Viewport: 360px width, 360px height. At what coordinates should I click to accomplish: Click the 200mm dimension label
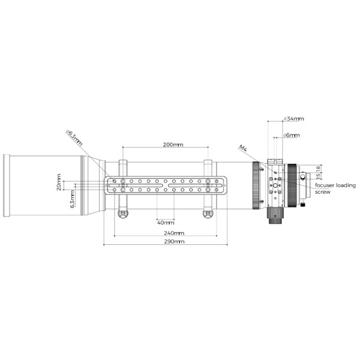pyautogui.click(x=173, y=145)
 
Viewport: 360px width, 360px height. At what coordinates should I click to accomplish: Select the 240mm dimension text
pyautogui.click(x=174, y=233)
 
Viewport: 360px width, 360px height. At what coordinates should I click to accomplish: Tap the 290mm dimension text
pyautogui.click(x=174, y=242)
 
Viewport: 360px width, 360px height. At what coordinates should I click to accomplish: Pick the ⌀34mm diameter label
pyautogui.click(x=294, y=119)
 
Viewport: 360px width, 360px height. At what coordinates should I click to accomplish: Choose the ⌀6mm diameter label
pyautogui.click(x=292, y=136)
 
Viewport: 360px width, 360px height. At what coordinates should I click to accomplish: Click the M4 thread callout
pyautogui.click(x=243, y=148)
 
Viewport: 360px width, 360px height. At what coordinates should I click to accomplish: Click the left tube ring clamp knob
pyautogui.click(x=123, y=214)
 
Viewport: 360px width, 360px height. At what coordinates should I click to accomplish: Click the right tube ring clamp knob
pyautogui.click(x=208, y=214)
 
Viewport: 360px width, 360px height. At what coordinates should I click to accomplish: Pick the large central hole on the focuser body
pyautogui.click(x=277, y=185)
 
